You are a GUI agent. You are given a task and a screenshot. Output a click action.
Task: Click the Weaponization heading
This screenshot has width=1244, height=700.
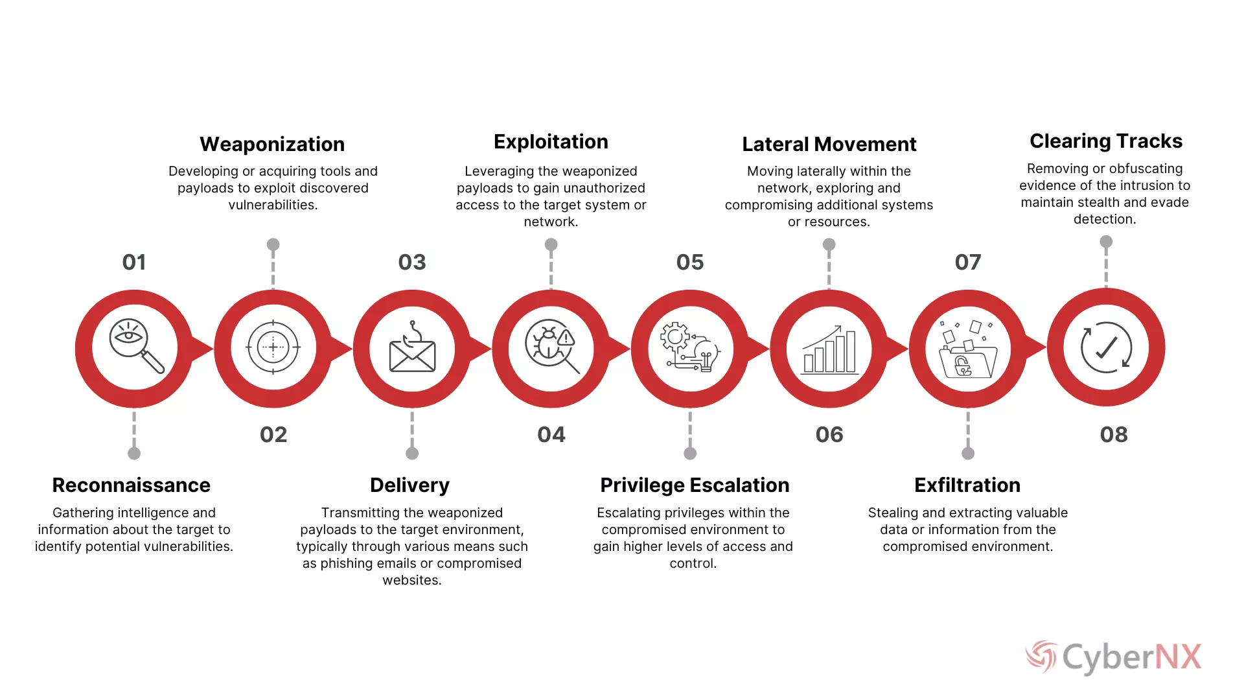click(272, 144)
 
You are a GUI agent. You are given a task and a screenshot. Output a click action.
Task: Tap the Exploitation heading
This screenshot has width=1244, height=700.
click(551, 142)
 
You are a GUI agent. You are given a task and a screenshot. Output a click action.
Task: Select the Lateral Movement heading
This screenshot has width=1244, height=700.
click(829, 144)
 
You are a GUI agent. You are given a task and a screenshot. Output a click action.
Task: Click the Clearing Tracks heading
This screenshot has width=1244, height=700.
click(1106, 141)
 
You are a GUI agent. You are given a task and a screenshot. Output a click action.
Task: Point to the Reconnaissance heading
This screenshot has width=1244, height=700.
click(132, 485)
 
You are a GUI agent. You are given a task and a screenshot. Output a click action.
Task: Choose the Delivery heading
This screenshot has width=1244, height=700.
click(409, 485)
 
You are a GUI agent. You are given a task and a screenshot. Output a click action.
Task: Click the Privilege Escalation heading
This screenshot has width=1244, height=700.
click(695, 485)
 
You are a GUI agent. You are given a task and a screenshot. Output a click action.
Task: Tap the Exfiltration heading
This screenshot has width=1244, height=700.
click(967, 485)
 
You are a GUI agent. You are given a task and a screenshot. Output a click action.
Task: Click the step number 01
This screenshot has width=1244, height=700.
click(134, 262)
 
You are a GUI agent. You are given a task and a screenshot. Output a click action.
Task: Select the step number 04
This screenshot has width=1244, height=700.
click(551, 434)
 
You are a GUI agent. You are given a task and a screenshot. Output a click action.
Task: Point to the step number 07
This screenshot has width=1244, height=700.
click(968, 262)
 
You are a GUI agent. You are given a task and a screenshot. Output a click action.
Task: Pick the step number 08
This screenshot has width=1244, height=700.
click(1114, 434)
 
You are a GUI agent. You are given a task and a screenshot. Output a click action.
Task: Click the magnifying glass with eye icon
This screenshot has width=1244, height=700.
click(136, 346)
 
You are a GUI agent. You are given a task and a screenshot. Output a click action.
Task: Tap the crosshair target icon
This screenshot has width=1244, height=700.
click(273, 347)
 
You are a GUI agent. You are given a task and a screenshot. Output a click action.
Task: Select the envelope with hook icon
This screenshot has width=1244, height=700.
click(412, 347)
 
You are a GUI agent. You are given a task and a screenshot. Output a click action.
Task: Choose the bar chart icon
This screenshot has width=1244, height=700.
click(830, 349)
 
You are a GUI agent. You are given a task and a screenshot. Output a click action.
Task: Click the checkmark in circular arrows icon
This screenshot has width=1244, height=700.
click(1106, 347)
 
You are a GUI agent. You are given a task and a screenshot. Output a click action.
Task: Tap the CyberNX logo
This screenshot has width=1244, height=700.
click(1113, 657)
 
